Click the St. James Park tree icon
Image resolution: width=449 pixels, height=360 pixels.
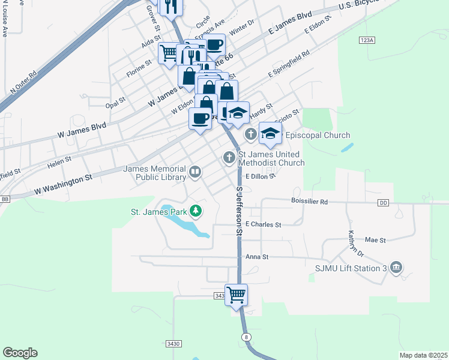pos(195,211)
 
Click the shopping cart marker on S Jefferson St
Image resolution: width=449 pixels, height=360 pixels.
pos(237,295)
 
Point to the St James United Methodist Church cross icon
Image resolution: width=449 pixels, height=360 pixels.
pos(229,158)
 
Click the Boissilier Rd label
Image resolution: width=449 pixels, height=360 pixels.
pos(309,202)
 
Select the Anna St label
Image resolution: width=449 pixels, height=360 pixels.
pos(256,257)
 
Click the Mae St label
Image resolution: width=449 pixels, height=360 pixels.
pos(375,239)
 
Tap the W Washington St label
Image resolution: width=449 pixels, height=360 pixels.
pos(63,183)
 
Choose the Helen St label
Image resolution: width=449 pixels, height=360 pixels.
pos(59,160)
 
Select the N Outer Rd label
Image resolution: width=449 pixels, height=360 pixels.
pos(24,82)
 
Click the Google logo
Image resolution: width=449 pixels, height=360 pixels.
pos(20,353)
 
